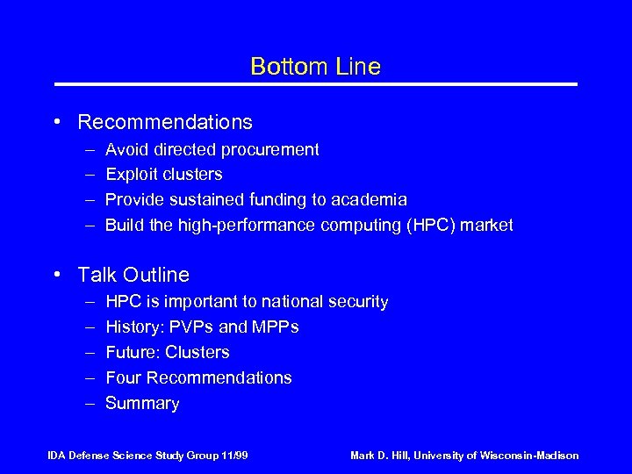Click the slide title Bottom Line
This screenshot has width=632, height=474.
(x=315, y=67)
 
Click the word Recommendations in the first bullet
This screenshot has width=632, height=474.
(x=165, y=122)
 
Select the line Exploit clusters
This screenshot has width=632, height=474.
(x=163, y=175)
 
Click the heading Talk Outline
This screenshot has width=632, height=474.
(x=133, y=275)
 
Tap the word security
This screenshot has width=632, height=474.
(x=357, y=302)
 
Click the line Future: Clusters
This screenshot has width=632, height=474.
(x=167, y=353)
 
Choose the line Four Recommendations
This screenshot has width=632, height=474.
(x=198, y=378)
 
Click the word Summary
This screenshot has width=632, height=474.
(x=142, y=404)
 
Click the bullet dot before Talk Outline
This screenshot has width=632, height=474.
(x=56, y=275)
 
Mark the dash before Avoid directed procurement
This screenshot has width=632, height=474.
(x=90, y=150)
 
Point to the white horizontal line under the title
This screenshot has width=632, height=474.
(x=316, y=84)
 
